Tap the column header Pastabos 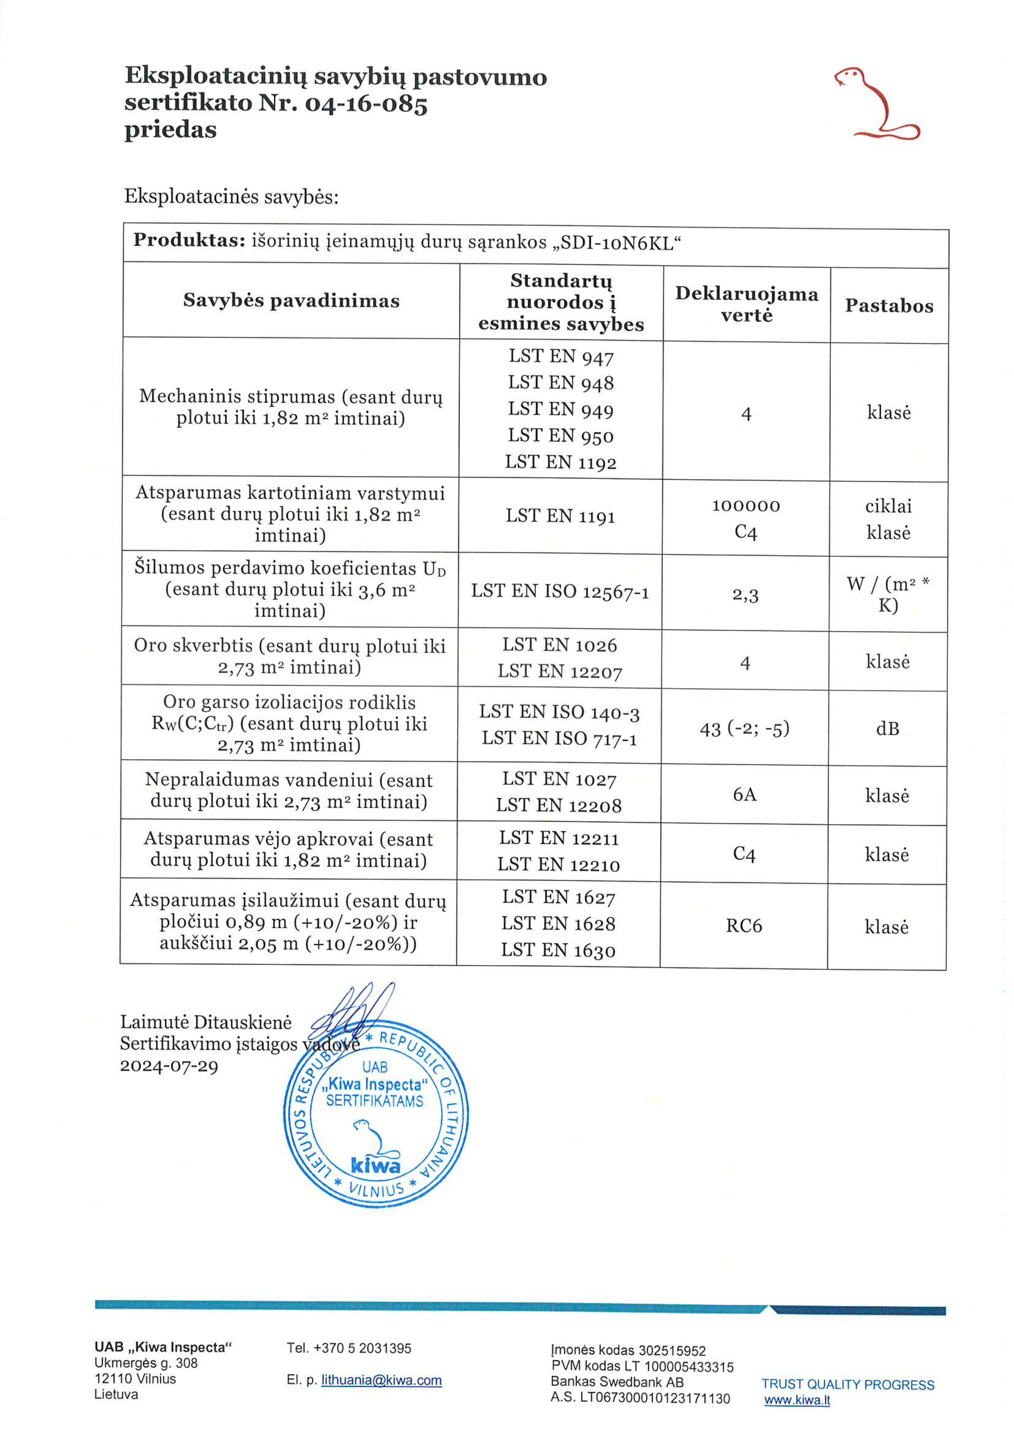(889, 305)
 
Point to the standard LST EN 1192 (561, 463)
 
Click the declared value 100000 (746, 505)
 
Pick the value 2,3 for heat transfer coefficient (745, 595)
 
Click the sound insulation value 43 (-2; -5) (745, 729)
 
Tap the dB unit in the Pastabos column (887, 729)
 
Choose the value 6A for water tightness (745, 794)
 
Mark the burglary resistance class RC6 (744, 926)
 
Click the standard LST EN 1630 (558, 950)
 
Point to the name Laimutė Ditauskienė (206, 1022)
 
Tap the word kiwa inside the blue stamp (375, 1165)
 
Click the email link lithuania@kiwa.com (381, 1381)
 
